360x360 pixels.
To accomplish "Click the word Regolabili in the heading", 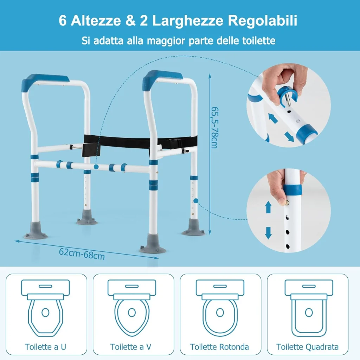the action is coord(262,21).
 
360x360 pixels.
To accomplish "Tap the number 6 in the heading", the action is coord(63,20).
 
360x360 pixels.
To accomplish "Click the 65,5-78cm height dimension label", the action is coord(215,127).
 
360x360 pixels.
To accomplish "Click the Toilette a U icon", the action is coord(45,307).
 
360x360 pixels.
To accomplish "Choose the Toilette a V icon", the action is coord(132,307).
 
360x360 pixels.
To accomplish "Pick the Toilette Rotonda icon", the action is coord(220,307).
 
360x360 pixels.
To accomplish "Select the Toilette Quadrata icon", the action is coord(309,307).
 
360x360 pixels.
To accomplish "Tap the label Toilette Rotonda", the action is coord(219,347).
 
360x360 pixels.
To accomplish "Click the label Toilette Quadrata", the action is coord(307,347).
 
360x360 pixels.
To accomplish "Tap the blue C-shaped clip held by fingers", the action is coord(287,96).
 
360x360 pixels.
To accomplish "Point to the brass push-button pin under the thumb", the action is coord(287,203).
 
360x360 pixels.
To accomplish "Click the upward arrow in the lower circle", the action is coord(268,207).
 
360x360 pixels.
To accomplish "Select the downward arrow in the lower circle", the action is coord(268,233).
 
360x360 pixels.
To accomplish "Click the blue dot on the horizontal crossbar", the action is coord(96,167).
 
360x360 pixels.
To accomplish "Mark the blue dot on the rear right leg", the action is coord(195,201).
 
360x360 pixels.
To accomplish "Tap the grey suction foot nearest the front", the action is coord(153,244).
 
